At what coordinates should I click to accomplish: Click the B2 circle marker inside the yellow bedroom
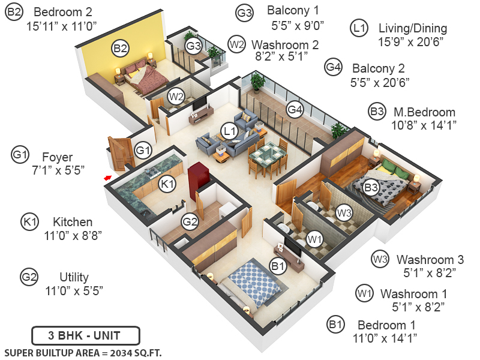pyautogui.click(x=120, y=47)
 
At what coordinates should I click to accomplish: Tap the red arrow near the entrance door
pyautogui.click(x=107, y=177)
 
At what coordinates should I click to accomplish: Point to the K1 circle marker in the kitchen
pyautogui.click(x=168, y=184)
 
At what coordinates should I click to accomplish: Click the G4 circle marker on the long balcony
pyautogui.click(x=294, y=109)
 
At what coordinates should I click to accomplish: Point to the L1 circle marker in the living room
pyautogui.click(x=229, y=130)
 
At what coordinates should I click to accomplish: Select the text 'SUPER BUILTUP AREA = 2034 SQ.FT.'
pyautogui.click(x=83, y=352)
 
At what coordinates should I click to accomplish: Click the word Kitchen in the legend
pyautogui.click(x=73, y=222)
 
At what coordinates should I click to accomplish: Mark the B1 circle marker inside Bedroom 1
pyautogui.click(x=277, y=265)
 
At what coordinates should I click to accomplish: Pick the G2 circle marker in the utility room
pyautogui.click(x=190, y=222)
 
